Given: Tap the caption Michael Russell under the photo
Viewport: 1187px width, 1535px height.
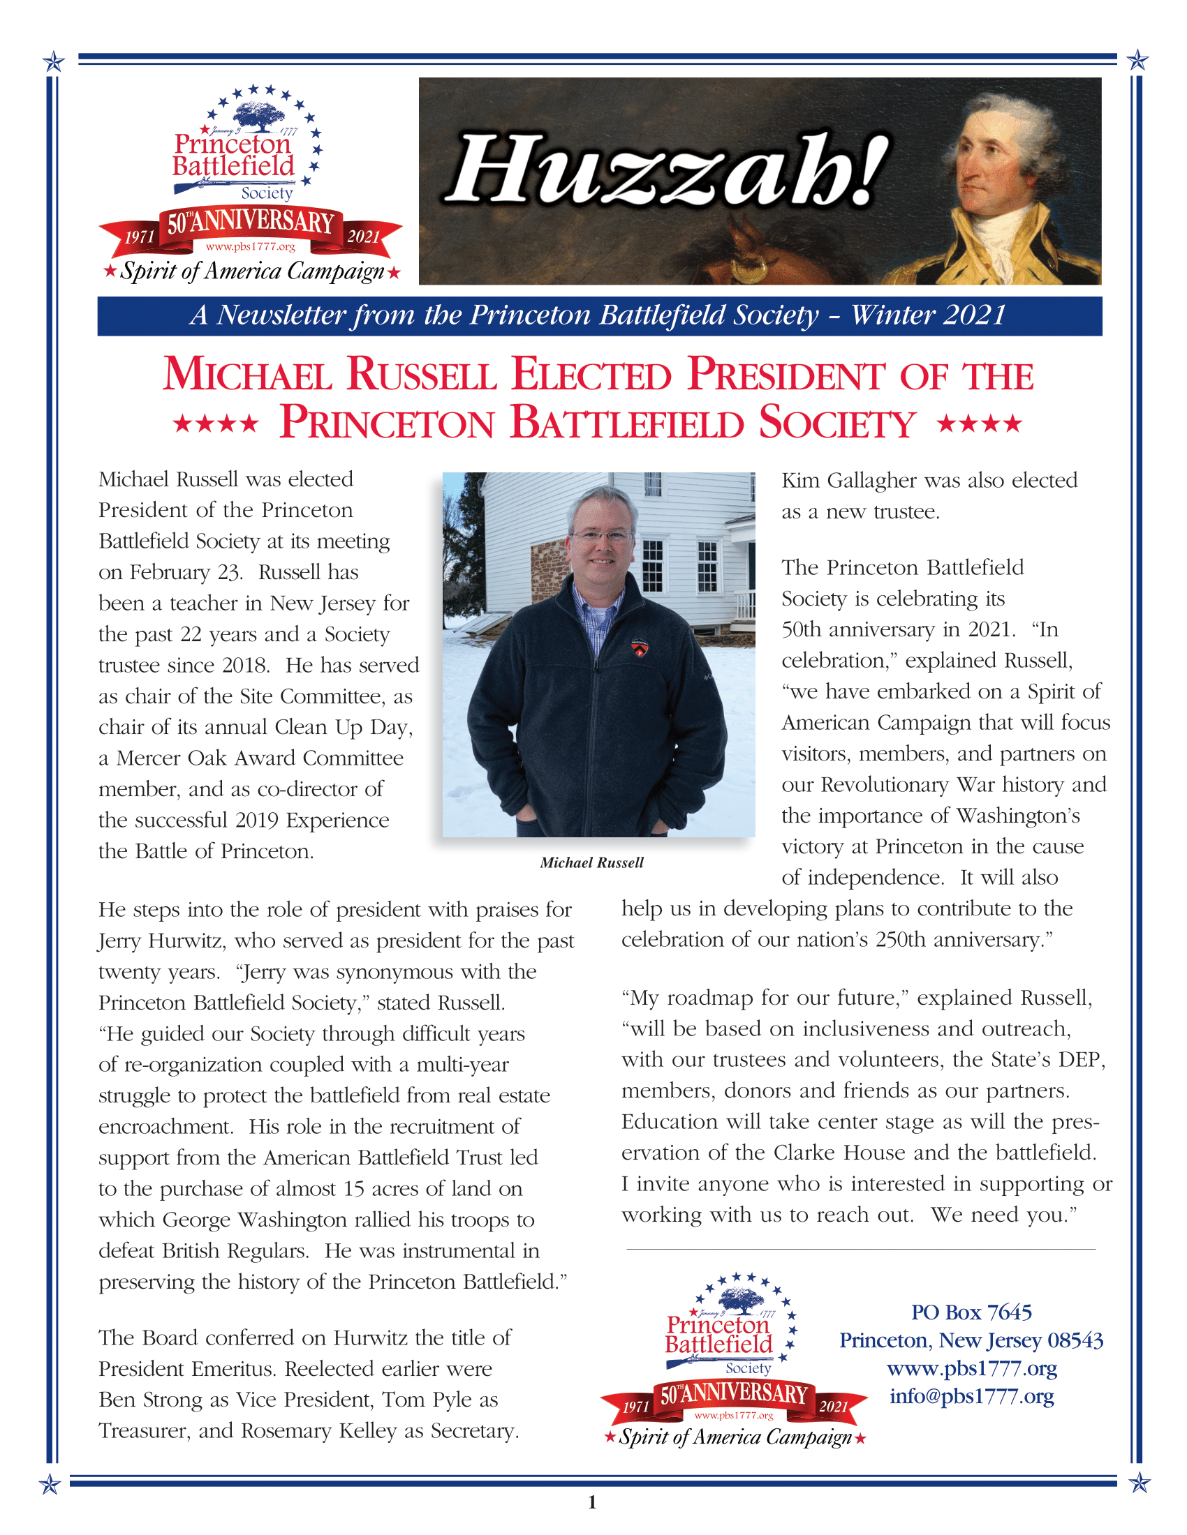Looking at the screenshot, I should pyautogui.click(x=591, y=863).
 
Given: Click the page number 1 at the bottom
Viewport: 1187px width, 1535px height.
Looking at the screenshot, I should pyautogui.click(x=592, y=1503).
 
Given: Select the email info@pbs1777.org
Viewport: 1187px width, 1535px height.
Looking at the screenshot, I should pyautogui.click(x=971, y=1396).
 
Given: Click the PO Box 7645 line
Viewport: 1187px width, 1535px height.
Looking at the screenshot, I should pyautogui.click(x=971, y=1312).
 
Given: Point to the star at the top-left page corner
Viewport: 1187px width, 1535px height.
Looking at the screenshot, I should pyautogui.click(x=54, y=62).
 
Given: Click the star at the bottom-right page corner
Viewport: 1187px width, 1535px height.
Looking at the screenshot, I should pyautogui.click(x=1140, y=1483).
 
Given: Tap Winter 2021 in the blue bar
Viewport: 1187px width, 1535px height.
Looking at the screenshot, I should pyautogui.click(x=928, y=315).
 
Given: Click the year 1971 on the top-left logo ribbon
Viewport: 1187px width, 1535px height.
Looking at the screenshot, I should pyautogui.click(x=139, y=237).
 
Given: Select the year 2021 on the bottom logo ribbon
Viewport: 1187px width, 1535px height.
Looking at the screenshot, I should pyautogui.click(x=833, y=1407).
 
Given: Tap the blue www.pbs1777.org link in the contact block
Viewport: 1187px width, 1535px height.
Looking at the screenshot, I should pyautogui.click(x=971, y=1368).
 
